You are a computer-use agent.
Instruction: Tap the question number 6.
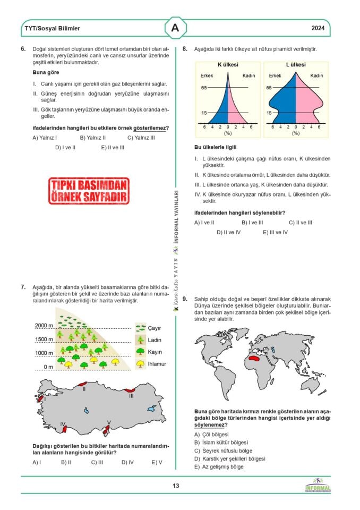pyautogui.click(x=23, y=49)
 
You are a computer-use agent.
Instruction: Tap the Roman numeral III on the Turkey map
pyautogui.click(x=131, y=396)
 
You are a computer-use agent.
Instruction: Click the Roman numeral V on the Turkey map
pyautogui.click(x=109, y=423)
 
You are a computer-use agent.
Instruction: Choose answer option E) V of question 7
pyautogui.click(x=157, y=462)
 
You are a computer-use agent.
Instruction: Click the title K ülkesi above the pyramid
pyautogui.click(x=228, y=65)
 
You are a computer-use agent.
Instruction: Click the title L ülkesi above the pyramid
pyautogui.click(x=296, y=65)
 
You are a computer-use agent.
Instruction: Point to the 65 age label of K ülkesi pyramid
pyautogui.click(x=203, y=88)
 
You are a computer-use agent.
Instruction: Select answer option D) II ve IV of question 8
pyautogui.click(x=228, y=232)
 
